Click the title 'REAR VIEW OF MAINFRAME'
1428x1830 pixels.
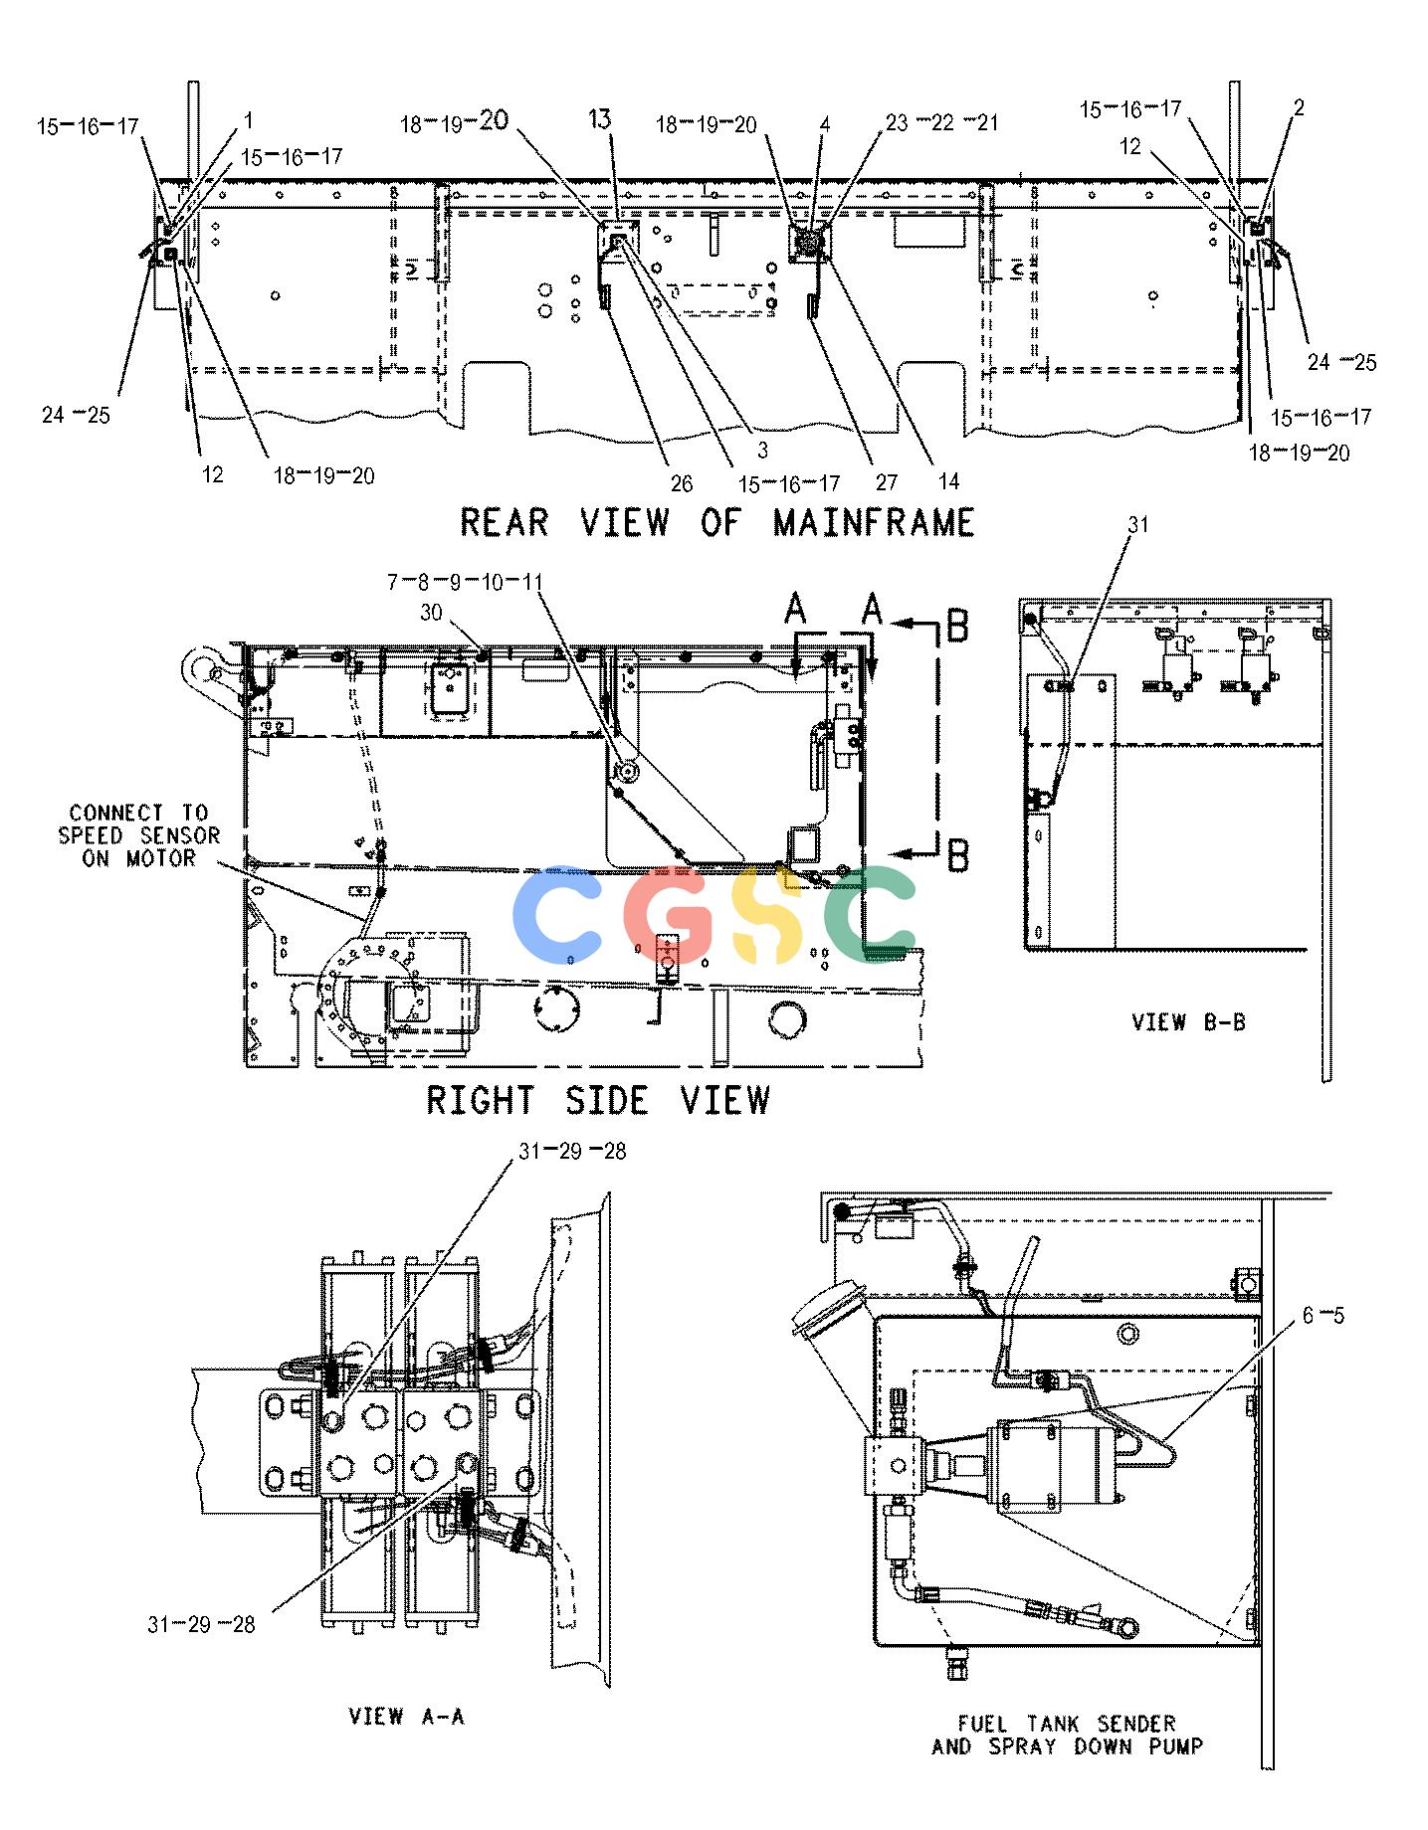716,522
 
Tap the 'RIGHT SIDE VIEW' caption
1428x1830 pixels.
598,1100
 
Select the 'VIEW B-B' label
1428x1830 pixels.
1188,1021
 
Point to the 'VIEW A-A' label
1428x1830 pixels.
406,1717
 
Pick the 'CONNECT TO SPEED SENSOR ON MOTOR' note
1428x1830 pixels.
138,835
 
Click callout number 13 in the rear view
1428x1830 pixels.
599,119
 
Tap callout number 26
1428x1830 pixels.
681,483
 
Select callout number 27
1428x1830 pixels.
886,483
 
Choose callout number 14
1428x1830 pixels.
948,481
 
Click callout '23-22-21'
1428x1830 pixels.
941,122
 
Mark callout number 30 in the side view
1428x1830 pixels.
431,613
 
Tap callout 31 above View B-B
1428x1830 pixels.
1137,524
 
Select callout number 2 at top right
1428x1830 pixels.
1299,107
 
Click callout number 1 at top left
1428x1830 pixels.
248,120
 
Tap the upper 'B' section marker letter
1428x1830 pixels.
956,627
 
